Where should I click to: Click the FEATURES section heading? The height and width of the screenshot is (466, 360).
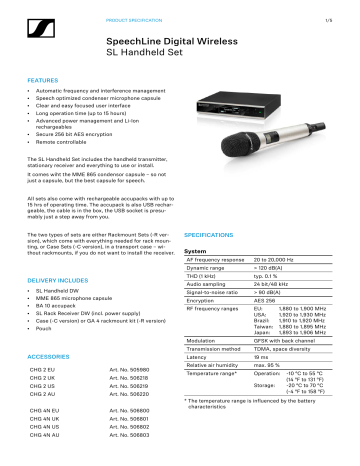44,78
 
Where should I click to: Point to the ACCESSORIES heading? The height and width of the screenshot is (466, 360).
49,356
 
